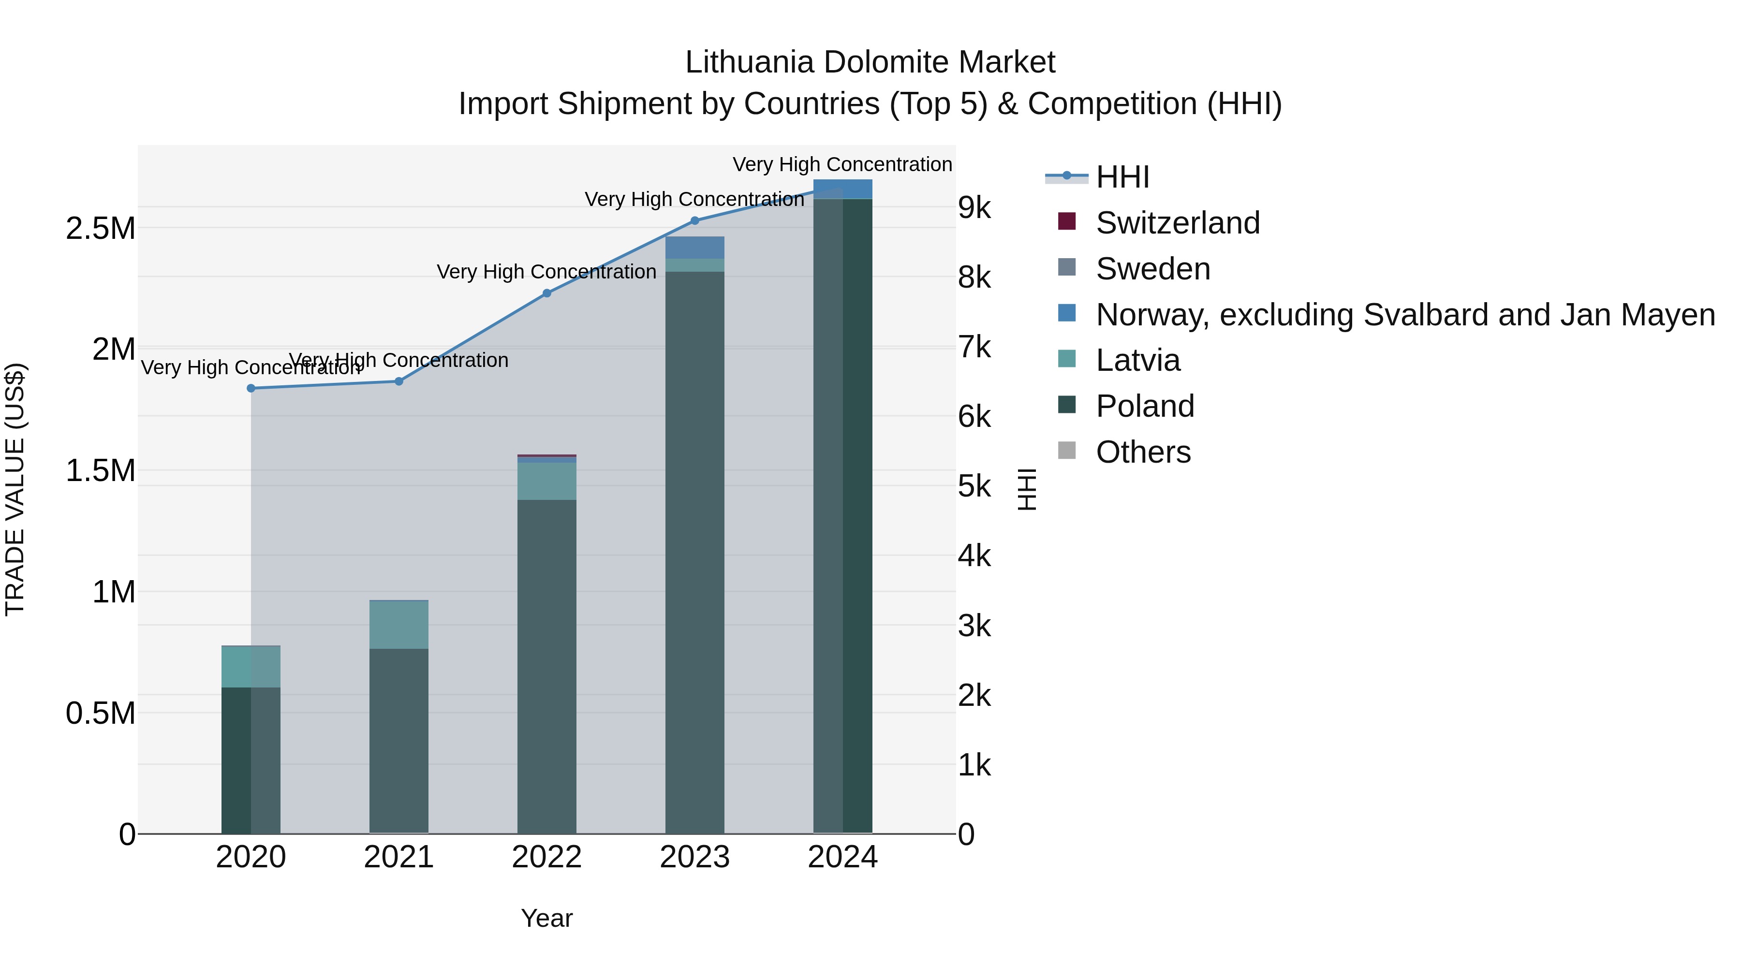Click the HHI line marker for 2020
click(x=251, y=389)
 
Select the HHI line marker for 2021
click(x=399, y=382)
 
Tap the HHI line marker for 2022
click(x=547, y=293)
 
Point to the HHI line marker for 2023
click(x=695, y=220)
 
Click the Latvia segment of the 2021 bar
click(x=399, y=624)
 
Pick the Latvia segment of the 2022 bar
click(x=547, y=481)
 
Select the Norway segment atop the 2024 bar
click(x=843, y=189)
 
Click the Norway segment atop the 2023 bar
click(x=695, y=247)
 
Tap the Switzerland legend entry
click(x=1177, y=223)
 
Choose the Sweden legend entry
click(x=1152, y=269)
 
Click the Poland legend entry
click(x=1144, y=406)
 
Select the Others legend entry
click(x=1143, y=452)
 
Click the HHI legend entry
click(x=1122, y=177)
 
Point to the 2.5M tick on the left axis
click(x=100, y=228)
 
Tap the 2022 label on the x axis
click(x=547, y=857)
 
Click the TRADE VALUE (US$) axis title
click(x=15, y=489)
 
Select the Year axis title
click(x=547, y=918)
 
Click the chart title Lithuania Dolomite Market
click(x=870, y=62)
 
